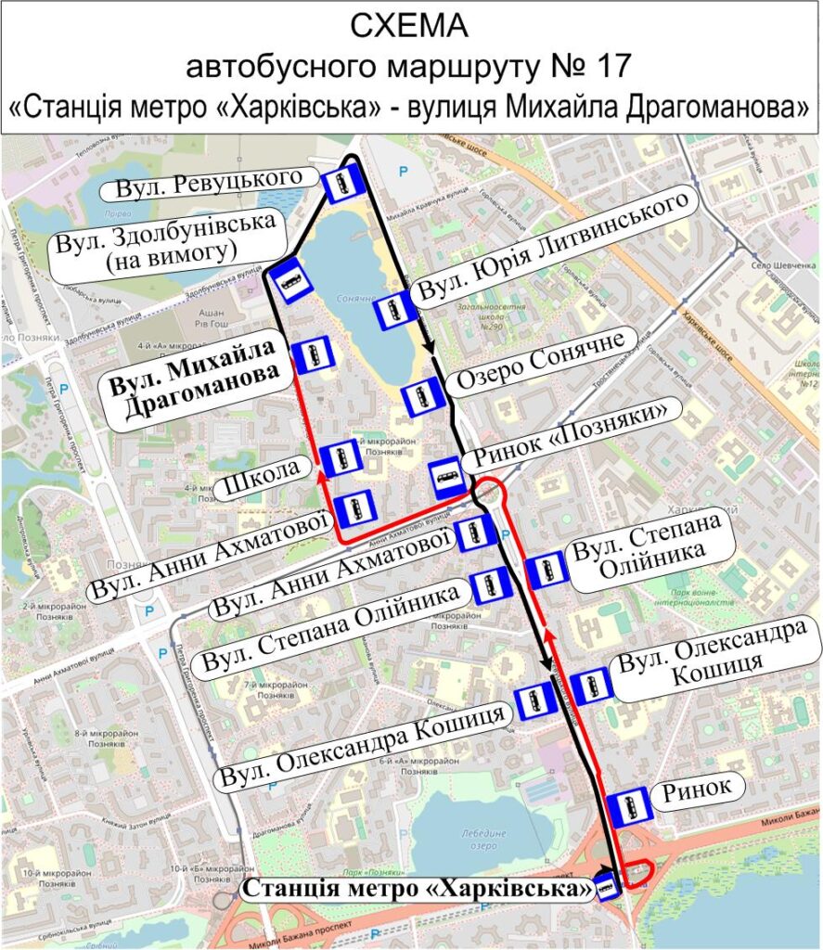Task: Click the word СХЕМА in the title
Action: pyautogui.click(x=411, y=27)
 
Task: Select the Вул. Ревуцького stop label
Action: pyautogui.click(x=211, y=184)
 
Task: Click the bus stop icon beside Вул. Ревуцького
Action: pyautogui.click(x=341, y=185)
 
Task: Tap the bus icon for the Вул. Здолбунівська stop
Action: pyautogui.click(x=288, y=279)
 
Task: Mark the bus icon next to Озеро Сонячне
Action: pyautogui.click(x=422, y=397)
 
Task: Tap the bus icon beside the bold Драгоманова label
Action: pyautogui.click(x=313, y=354)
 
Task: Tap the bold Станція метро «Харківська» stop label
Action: pyautogui.click(x=418, y=889)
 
